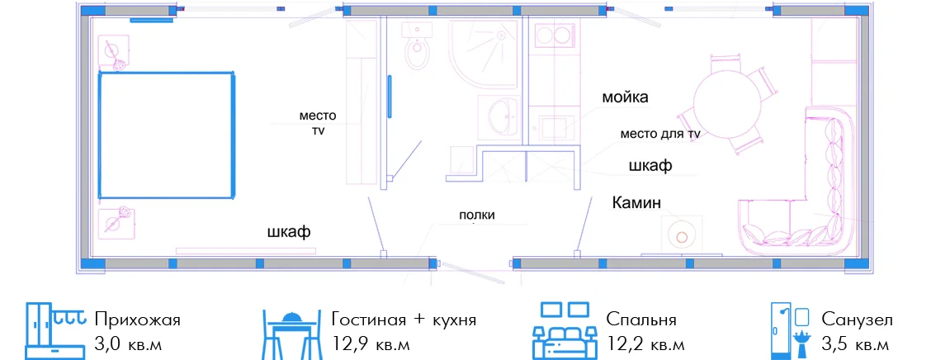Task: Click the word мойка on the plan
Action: coord(625,97)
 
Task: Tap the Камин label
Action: coord(636,202)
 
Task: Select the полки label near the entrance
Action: coord(477,216)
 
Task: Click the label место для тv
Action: coord(660,134)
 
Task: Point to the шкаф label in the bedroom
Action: coord(289,232)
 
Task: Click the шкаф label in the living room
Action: coord(650,166)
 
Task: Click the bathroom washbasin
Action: coord(501,116)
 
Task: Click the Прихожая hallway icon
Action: coord(54,330)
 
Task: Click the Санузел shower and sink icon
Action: coord(790,330)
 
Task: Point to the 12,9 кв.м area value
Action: coord(371,343)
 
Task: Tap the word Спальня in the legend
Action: coord(640,320)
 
